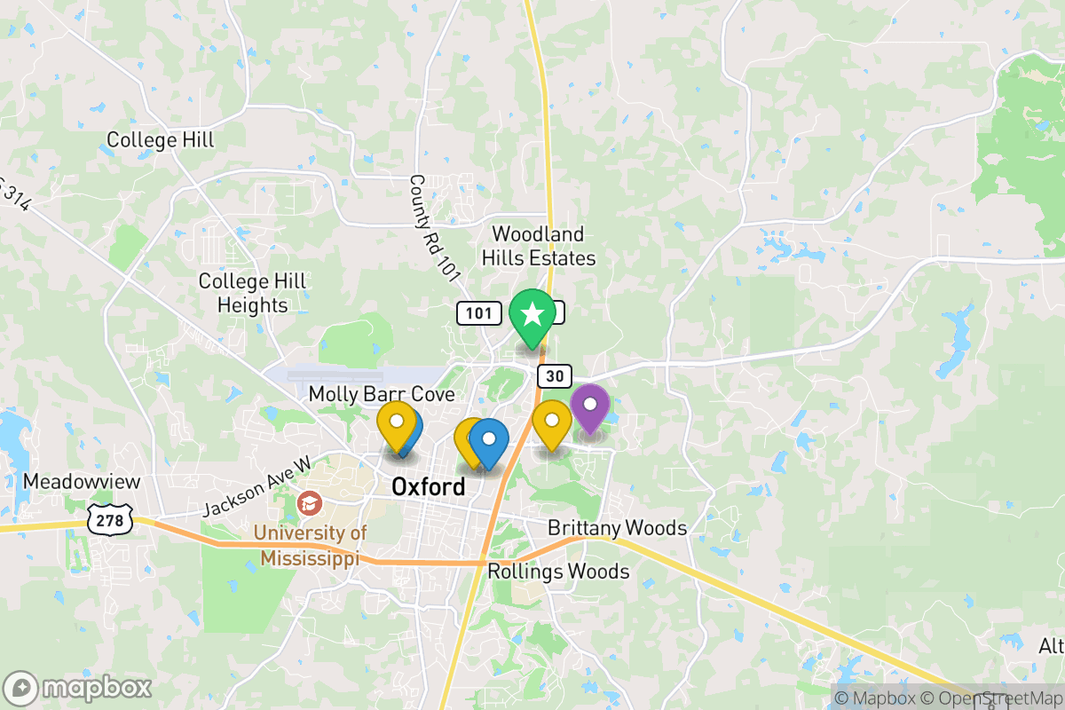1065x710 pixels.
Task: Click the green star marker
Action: click(532, 314)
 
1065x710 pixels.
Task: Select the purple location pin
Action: click(589, 406)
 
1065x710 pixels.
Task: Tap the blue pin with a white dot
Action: click(488, 439)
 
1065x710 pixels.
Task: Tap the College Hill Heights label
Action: click(252, 293)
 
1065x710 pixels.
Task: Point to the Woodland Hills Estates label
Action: click(539, 247)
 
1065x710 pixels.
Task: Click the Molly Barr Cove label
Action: click(382, 394)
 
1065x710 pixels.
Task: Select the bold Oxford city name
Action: click(428, 486)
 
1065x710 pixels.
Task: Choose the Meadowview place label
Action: click(69, 481)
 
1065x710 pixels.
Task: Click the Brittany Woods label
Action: click(617, 528)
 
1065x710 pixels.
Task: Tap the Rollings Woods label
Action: click(558, 571)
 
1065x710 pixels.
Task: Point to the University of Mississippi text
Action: click(309, 545)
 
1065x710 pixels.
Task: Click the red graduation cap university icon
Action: click(310, 503)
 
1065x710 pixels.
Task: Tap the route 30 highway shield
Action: click(554, 376)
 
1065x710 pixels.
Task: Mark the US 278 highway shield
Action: click(110, 520)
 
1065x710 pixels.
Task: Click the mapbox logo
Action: click(78, 688)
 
